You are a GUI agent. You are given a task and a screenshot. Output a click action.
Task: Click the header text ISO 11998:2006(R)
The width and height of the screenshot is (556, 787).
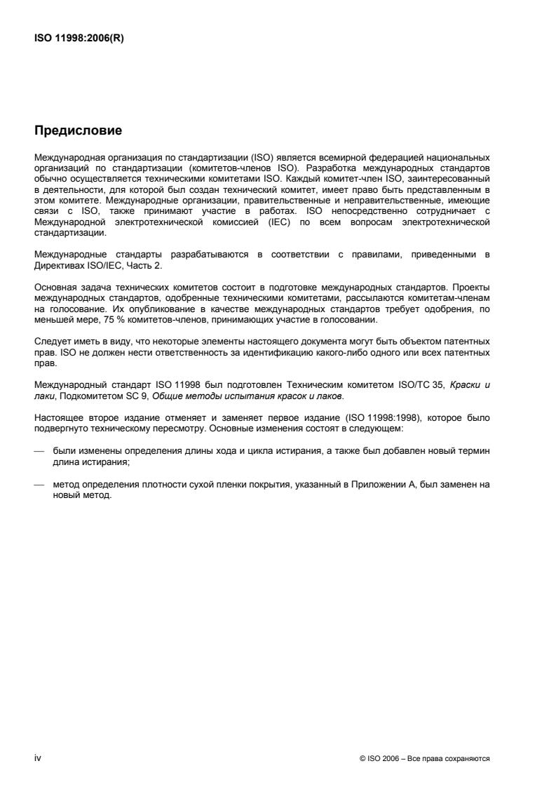[75, 39]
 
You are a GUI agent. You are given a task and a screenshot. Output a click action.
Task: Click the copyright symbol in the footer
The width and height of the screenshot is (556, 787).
[361, 759]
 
